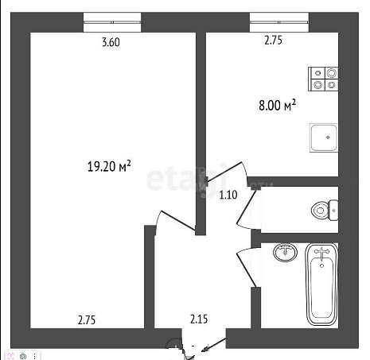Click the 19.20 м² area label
tap(109, 166)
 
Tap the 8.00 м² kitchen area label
tap(277, 105)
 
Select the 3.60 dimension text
tap(111, 42)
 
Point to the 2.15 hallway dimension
tap(199, 319)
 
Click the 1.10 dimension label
tap(228, 195)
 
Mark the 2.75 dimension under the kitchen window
tap(273, 41)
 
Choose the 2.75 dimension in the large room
tap(87, 320)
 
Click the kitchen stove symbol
tap(323, 79)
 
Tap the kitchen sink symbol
tap(324, 137)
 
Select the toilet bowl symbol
tap(325, 211)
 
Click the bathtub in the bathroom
tap(321, 284)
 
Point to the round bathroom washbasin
tap(285, 252)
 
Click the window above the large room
tap(112, 22)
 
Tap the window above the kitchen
tap(279, 22)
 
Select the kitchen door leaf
tap(224, 172)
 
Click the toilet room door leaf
tap(247, 207)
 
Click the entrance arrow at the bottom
tap(214, 345)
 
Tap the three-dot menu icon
tap(34, 356)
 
